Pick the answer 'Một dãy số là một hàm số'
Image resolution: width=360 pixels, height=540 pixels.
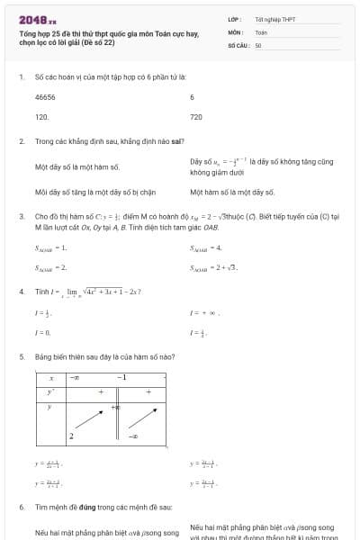[x=76, y=166]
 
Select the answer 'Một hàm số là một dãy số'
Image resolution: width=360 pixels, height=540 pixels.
[x=232, y=192]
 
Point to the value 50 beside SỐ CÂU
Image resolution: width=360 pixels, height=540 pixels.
[x=258, y=44]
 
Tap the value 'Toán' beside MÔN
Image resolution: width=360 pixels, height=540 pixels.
[x=261, y=31]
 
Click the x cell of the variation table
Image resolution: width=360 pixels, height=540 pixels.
[x=51, y=378]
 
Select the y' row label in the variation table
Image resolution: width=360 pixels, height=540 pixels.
[x=51, y=391]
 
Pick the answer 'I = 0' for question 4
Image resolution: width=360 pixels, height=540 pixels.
[x=41, y=332]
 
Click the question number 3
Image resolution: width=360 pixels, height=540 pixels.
[x=21, y=217]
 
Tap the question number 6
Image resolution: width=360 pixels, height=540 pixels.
[x=21, y=507]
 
